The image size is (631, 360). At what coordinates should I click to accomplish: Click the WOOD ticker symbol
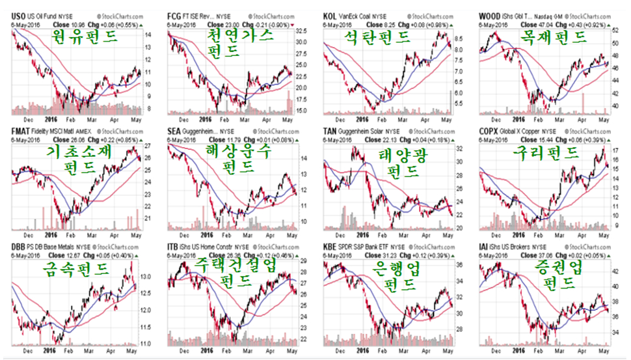490,14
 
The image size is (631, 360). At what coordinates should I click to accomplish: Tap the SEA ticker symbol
174,131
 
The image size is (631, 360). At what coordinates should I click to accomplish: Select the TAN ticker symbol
330,131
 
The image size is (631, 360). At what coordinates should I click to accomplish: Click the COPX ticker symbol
490,131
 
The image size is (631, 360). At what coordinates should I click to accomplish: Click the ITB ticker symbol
174,247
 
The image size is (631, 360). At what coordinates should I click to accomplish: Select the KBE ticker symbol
330,247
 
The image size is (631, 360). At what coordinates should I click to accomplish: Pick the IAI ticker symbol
485,247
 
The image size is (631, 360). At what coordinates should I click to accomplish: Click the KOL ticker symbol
330,14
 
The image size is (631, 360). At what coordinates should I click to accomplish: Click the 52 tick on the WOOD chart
615,30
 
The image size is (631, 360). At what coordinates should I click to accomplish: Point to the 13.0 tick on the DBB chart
146,277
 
